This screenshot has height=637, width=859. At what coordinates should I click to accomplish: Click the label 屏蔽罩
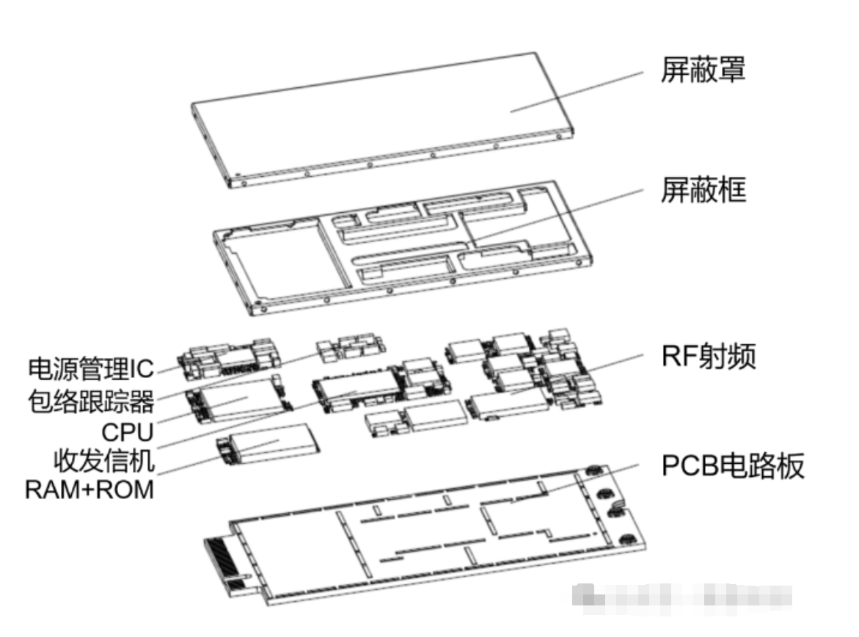pyautogui.click(x=703, y=71)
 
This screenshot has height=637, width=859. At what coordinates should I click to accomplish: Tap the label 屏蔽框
pyautogui.click(x=703, y=192)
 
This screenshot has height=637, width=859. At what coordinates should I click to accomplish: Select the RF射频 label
pyautogui.click(x=708, y=358)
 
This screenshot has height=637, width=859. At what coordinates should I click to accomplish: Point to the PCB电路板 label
pyautogui.click(x=733, y=466)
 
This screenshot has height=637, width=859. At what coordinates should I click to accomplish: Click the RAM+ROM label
pyautogui.click(x=89, y=489)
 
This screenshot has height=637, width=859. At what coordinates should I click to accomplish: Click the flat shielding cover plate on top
pyautogui.click(x=381, y=117)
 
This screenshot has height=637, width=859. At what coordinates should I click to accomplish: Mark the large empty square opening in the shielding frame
pyautogui.click(x=286, y=261)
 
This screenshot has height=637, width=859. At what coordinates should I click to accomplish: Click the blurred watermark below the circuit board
pyautogui.click(x=682, y=594)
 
